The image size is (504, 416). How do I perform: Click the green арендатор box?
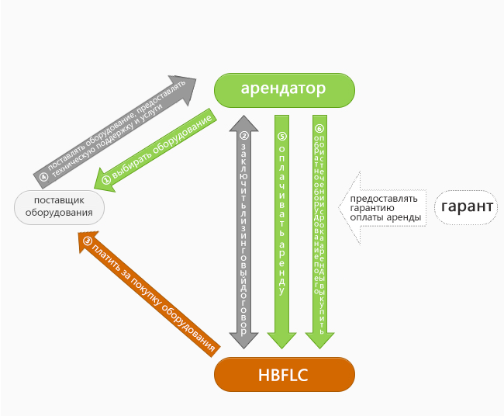(x=283, y=89)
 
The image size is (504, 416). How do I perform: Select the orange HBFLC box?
(x=284, y=376)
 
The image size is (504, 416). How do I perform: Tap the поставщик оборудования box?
(x=59, y=206)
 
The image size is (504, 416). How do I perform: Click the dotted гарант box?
(x=468, y=207)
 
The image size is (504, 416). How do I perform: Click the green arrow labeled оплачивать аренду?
(x=282, y=233)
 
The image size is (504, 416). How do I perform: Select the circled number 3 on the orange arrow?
(x=87, y=241)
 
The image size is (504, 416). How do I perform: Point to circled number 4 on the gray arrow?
(x=43, y=178)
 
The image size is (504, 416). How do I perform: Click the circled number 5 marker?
(x=282, y=135)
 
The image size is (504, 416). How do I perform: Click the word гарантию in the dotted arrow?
(x=372, y=208)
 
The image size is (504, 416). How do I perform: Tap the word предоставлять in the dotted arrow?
(x=383, y=198)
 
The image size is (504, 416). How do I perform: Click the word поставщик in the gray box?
(x=59, y=200)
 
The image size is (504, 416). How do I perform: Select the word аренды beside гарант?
(x=407, y=218)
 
